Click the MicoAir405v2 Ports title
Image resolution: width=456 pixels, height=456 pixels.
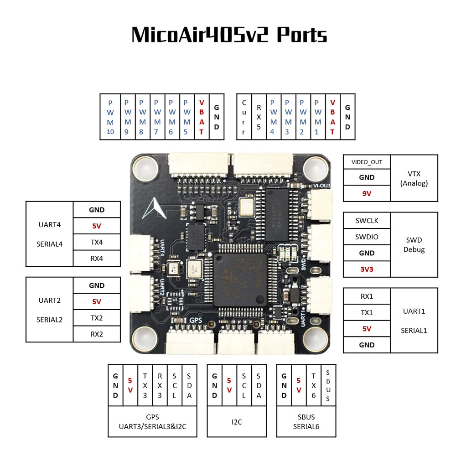229,35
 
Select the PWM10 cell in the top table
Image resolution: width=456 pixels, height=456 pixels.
110,117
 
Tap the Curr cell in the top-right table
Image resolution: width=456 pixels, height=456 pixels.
244,117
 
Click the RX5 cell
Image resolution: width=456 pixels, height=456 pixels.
259,117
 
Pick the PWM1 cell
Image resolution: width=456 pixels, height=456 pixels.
317,117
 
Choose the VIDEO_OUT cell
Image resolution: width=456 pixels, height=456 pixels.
367,162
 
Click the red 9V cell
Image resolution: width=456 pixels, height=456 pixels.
367,193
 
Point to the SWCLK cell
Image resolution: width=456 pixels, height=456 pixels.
367,221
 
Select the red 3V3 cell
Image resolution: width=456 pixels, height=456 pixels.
367,269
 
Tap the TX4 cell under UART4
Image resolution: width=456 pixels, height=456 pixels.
97,242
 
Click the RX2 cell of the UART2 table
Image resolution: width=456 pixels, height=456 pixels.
97,334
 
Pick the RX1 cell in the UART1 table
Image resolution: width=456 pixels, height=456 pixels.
367,296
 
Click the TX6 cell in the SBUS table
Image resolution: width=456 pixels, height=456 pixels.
313,385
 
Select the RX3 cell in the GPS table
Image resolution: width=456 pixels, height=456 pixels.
160,385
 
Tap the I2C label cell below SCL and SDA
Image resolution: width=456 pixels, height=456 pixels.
237,422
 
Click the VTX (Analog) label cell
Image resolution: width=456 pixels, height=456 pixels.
414,178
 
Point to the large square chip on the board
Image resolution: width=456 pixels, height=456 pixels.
240,279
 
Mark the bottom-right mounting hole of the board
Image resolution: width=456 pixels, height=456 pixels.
314,338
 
